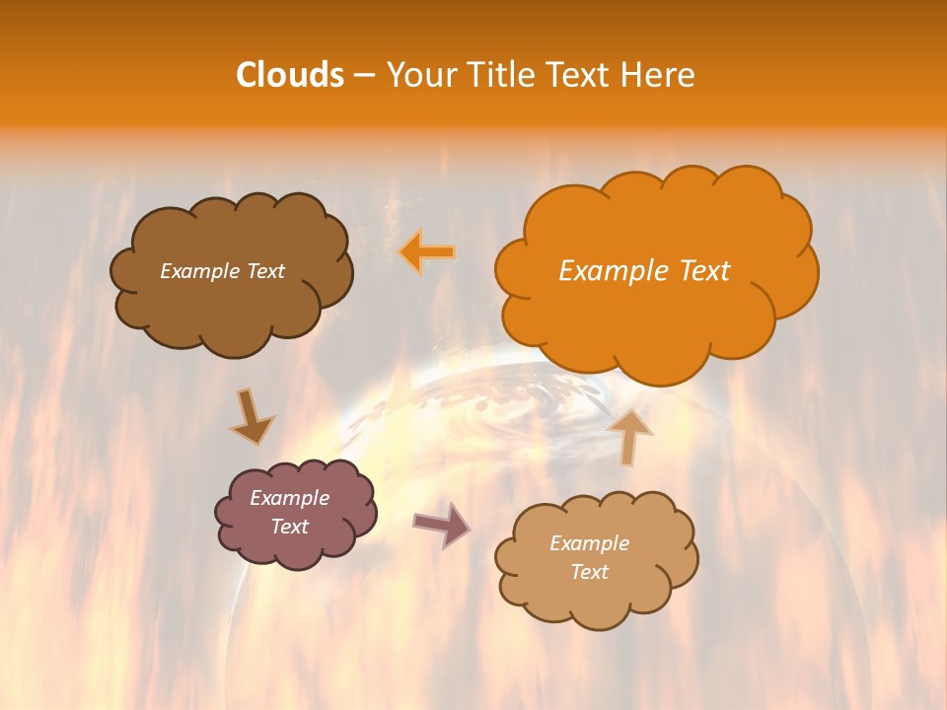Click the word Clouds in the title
pyautogui.click(x=290, y=75)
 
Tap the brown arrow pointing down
pyautogui.click(x=252, y=416)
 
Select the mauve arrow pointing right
pyautogui.click(x=442, y=525)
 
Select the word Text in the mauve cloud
pyautogui.click(x=290, y=527)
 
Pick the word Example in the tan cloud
pyautogui.click(x=589, y=543)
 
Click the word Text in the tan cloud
pyautogui.click(x=589, y=572)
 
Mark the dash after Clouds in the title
pyautogui.click(x=363, y=76)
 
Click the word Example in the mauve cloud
pyautogui.click(x=290, y=498)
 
